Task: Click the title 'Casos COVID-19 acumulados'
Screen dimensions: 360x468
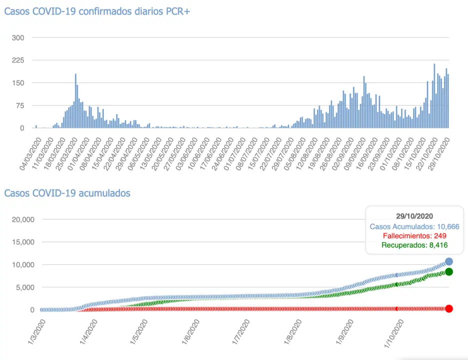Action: [67, 192]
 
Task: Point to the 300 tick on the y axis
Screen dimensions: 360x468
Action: [24, 37]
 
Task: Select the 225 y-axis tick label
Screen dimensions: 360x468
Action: [24, 60]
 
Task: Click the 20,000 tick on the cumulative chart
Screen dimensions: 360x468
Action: [22, 219]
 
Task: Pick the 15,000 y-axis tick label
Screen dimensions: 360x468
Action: [22, 242]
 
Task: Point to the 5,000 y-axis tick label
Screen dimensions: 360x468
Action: [24, 287]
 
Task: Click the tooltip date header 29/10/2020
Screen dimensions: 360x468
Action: [414, 216]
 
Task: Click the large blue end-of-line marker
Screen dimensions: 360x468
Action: [449, 261]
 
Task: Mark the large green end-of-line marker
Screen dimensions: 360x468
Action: [449, 271]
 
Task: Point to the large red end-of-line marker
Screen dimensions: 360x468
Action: [449, 308]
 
